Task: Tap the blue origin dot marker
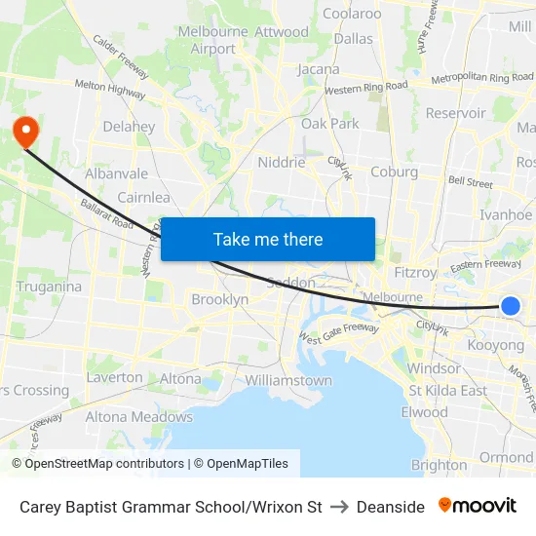click(510, 306)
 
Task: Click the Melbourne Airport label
click(213, 40)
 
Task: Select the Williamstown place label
click(288, 380)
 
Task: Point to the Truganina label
click(49, 287)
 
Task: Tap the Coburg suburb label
click(394, 172)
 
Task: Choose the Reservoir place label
click(455, 113)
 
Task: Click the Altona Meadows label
click(138, 417)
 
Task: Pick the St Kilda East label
click(447, 391)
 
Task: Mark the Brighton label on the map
click(439, 465)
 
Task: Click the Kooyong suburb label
click(496, 345)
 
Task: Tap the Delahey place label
click(129, 127)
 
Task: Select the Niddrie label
click(282, 163)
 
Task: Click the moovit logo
click(477, 506)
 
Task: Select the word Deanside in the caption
click(390, 507)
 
